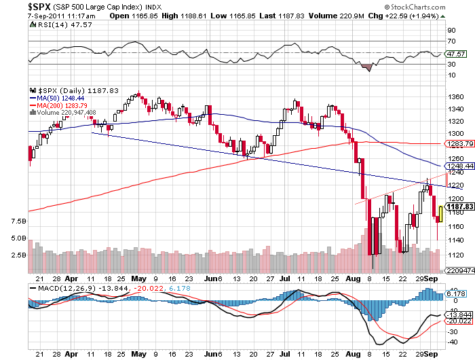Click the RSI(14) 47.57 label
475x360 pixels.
click(54, 24)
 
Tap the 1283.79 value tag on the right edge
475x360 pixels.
click(455, 144)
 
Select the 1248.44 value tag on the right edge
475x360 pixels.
click(455, 166)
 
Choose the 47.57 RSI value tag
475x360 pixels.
click(455, 53)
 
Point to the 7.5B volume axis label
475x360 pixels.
click(18, 221)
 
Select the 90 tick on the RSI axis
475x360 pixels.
click(451, 31)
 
